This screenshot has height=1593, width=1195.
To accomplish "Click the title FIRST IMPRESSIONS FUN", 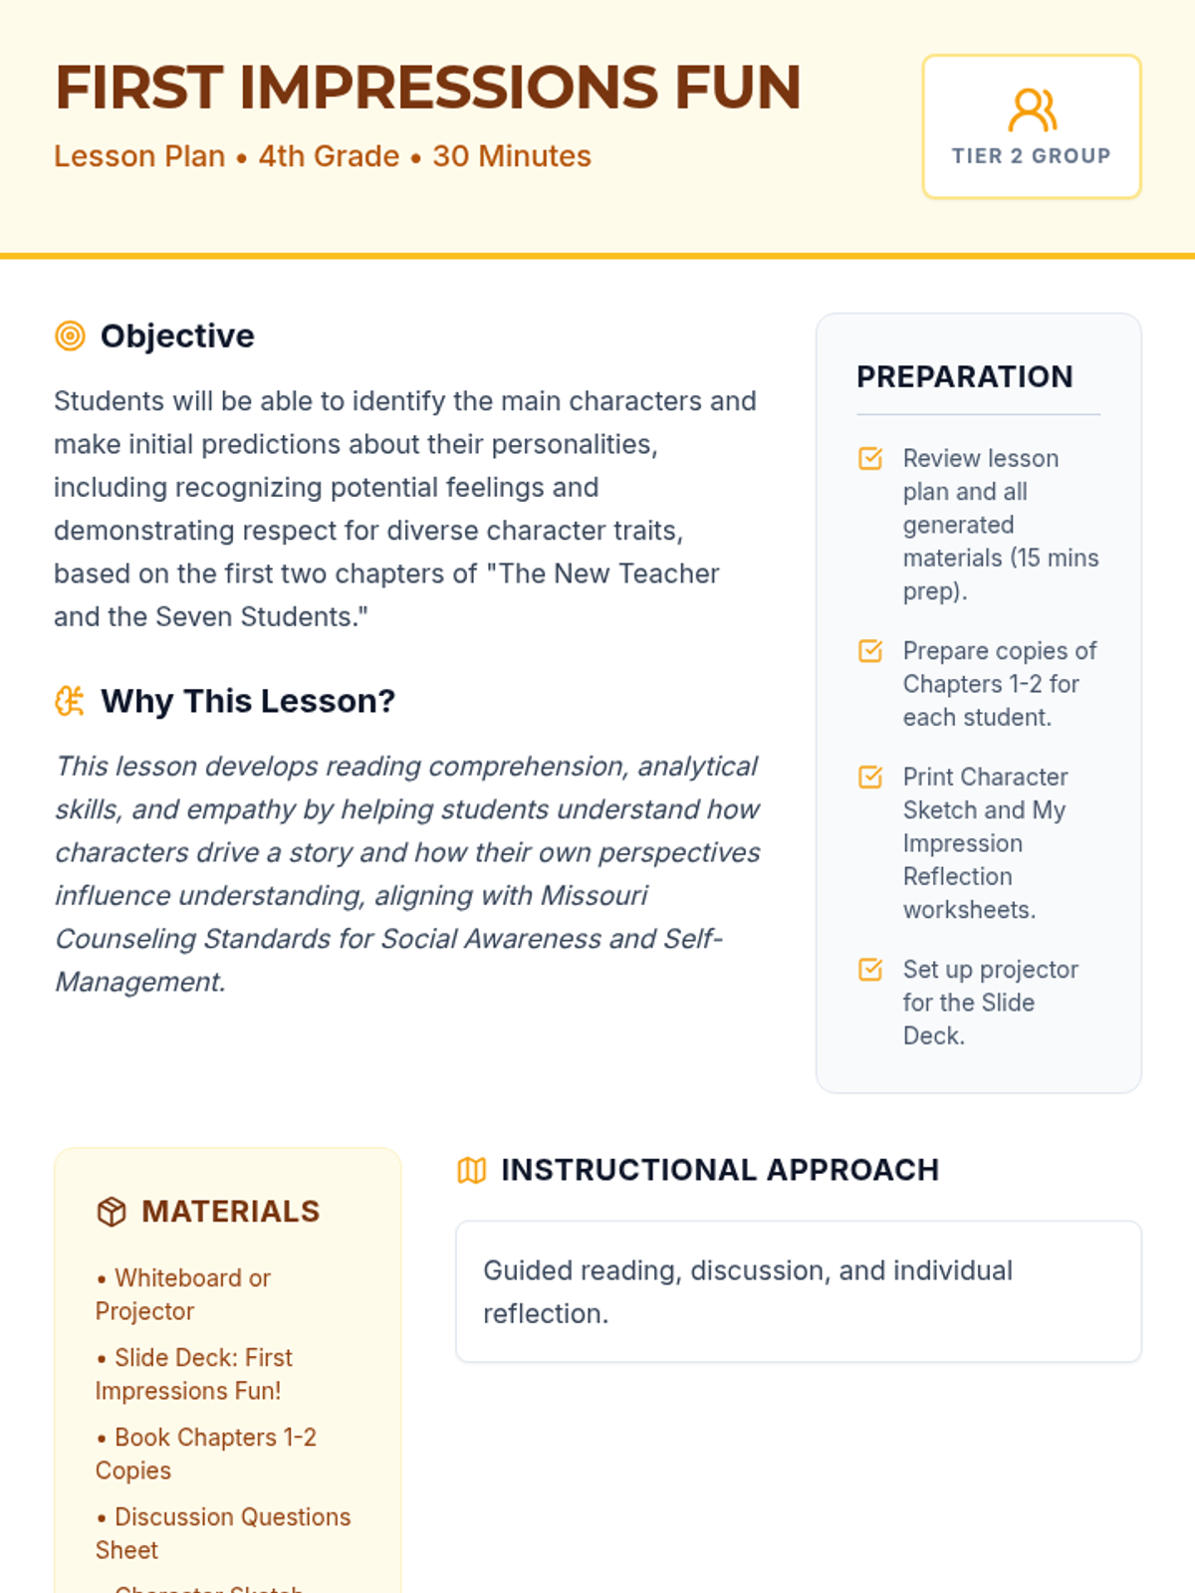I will coord(427,88).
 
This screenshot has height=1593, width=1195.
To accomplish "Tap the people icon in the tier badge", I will coord(1032,111).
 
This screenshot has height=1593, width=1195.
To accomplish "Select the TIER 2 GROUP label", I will coord(1031,156).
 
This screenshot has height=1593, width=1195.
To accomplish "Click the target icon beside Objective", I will coord(70,337).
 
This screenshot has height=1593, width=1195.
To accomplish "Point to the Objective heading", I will coord(177,337).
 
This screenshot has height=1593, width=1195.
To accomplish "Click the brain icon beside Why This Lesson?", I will coord(70,701).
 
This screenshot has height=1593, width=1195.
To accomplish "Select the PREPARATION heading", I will coord(964,376).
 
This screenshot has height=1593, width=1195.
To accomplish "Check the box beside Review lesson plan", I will coord(870,458).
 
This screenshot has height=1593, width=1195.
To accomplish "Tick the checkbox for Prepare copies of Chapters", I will coord(870,651).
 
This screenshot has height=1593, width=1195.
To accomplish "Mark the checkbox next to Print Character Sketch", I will coord(870,777).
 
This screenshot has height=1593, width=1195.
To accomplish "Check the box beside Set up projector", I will coord(870,970).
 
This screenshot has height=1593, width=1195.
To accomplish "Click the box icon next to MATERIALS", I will coord(112,1212).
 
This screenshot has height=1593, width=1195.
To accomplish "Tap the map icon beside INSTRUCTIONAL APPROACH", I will coord(471,1170).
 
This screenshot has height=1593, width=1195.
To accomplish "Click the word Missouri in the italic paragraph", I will coord(594,896).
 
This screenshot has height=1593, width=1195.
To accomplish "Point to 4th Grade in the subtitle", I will coord(329,156).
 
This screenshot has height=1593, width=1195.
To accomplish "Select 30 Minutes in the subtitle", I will coord(512,156).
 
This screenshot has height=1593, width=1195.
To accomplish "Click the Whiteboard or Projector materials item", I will coord(183,1294).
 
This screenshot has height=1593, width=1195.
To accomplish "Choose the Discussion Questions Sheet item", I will coord(223,1533).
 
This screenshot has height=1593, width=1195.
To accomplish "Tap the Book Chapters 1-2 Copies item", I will coord(205,1454).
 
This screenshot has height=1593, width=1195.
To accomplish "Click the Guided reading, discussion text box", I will coord(798,1291).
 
